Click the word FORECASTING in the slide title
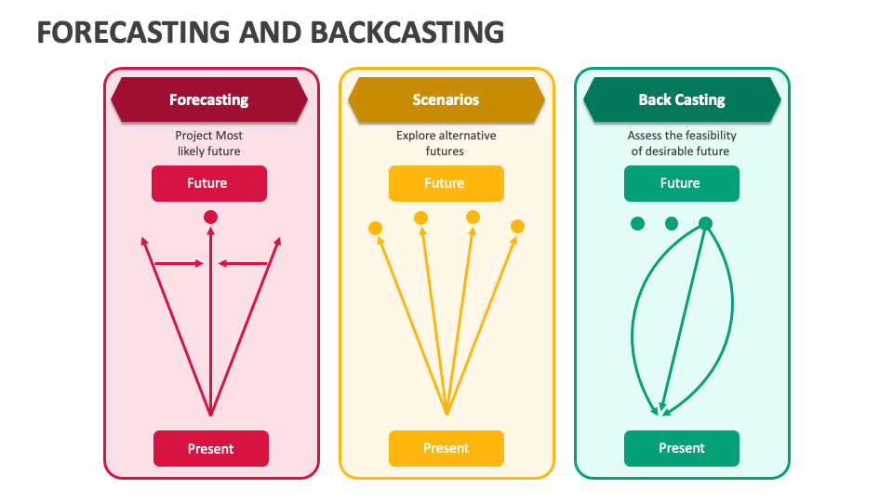coord(134,33)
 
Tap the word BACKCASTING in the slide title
coord(407,33)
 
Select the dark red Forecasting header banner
coord(209,99)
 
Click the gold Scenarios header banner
coord(446,99)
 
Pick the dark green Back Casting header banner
coord(682,99)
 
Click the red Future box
coord(209,183)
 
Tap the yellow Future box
coord(446,183)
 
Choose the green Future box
coord(682,183)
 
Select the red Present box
coord(211,448)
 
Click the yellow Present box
coord(446,448)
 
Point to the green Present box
coord(682,448)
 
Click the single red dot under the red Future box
coord(211,217)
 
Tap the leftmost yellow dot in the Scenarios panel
coord(375,229)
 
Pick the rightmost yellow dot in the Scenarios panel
coord(518,227)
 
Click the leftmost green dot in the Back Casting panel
coord(638,224)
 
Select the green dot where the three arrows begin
coord(706,224)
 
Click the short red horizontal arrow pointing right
coord(179,263)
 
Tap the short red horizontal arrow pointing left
coord(243,263)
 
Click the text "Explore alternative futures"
coord(446,143)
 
